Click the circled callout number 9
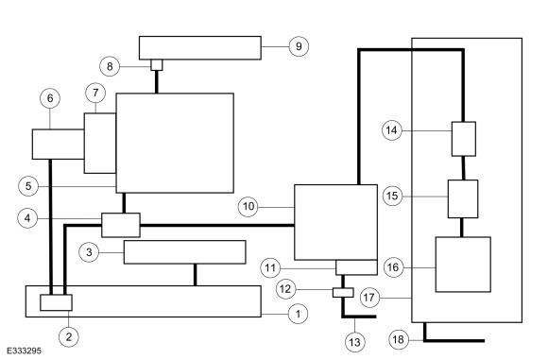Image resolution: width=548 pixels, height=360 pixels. tap(299, 46)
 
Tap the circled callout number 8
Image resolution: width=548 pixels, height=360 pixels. tap(110, 66)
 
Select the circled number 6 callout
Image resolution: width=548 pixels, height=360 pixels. tap(50, 98)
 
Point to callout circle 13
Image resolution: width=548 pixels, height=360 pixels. tap(354, 341)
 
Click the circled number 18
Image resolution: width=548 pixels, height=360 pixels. tap(399, 339)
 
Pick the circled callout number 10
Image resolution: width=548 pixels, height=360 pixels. tap(248, 207)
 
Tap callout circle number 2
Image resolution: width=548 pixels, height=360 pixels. tap(69, 337)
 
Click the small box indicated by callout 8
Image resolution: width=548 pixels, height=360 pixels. tap(157, 65)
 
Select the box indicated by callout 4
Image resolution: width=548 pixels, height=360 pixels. tap(121, 225)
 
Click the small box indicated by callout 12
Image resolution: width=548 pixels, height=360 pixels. tap(343, 293)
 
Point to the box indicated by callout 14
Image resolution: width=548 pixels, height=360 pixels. tap(464, 139)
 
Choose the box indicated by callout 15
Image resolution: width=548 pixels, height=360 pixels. tap(463, 198)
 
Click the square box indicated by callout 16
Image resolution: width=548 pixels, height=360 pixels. tap(463, 265)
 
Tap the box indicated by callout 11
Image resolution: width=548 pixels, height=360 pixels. tap(356, 267)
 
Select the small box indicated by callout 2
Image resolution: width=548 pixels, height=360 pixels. tap(57, 302)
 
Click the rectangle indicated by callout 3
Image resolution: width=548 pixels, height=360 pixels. tap(185, 252)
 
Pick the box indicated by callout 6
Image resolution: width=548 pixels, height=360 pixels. tap(59, 145)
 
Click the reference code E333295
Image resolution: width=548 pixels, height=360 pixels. tap(25, 351)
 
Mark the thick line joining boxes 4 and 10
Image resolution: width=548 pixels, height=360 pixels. tap(217, 226)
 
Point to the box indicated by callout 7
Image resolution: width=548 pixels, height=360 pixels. tap(100, 143)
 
